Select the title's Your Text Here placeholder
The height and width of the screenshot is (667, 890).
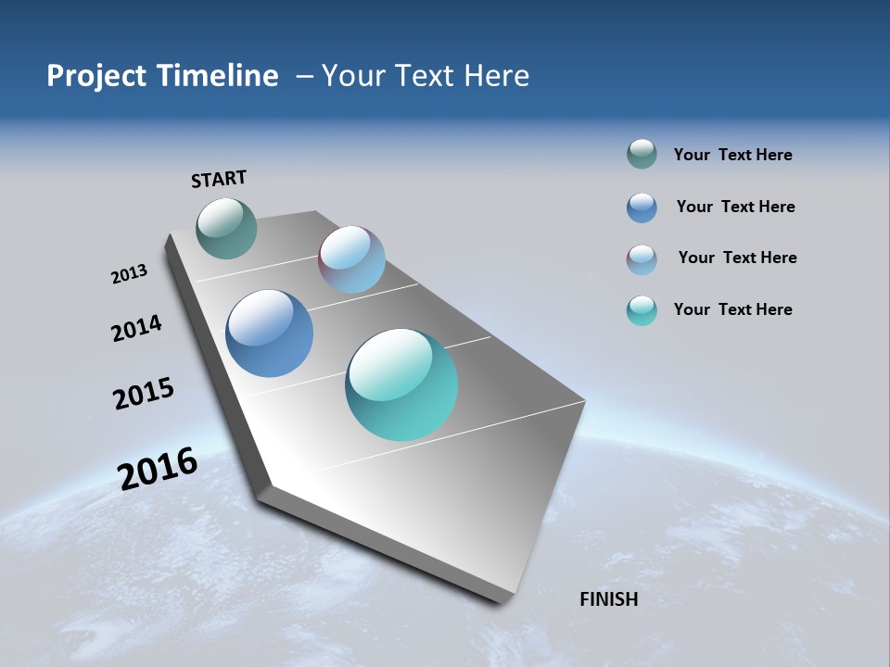[x=426, y=76]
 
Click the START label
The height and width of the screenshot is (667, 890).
[x=219, y=179]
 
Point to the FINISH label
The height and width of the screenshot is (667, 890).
[x=608, y=599]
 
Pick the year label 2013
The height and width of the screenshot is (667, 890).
[x=129, y=274]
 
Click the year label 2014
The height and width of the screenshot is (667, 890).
[x=136, y=329]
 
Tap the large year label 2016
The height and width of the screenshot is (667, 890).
[x=158, y=469]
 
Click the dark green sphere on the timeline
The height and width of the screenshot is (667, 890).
[x=226, y=228]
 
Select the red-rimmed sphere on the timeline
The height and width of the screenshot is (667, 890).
[x=351, y=259]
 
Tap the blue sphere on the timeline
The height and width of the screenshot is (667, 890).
[x=269, y=333]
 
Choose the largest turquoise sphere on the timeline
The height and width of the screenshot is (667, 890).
[x=401, y=384]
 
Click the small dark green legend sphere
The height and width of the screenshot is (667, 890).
[x=642, y=155]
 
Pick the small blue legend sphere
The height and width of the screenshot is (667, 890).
[x=642, y=208]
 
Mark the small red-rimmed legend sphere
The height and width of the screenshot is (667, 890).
[x=642, y=259]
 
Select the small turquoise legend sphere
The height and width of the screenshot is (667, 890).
[x=642, y=310]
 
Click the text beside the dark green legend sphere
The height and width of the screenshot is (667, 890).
[x=732, y=155]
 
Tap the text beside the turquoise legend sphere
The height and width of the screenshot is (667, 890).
[x=732, y=309]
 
